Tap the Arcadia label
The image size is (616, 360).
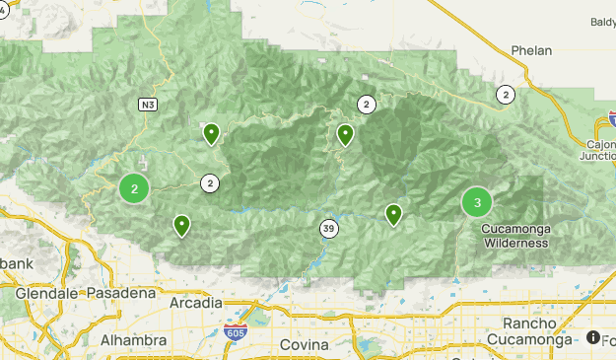[x=195, y=303]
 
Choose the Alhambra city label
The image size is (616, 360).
[x=133, y=340]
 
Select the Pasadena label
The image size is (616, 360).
[x=121, y=293]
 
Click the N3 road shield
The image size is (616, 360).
[x=147, y=103]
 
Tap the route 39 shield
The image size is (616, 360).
[x=328, y=229]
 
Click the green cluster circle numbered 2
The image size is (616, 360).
[x=134, y=187]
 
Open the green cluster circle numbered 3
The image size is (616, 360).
[x=477, y=203]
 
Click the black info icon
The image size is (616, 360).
[x=593, y=337]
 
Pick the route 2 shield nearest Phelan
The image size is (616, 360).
[x=506, y=95]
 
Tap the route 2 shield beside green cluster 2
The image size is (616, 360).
[x=209, y=182]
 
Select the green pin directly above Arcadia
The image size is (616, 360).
[x=182, y=226]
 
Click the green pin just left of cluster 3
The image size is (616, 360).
[x=393, y=213]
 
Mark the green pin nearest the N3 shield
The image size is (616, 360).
[x=211, y=133]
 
